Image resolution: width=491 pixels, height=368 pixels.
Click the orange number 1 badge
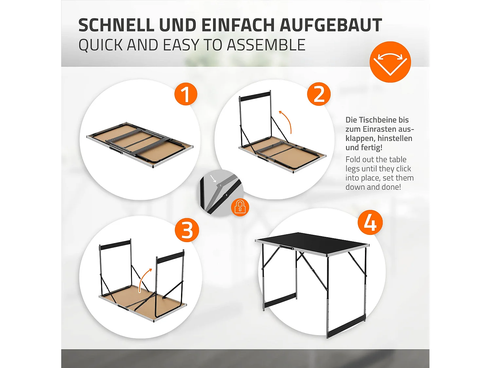[x=186, y=94]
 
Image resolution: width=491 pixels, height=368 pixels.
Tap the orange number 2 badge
[x=319, y=94]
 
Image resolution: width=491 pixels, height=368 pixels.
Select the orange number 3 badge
[x=187, y=230]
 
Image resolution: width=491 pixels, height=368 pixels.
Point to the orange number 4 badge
[x=370, y=222]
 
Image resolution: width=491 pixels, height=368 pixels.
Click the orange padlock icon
[x=240, y=207]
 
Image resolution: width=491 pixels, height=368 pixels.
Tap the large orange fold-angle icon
[x=390, y=62]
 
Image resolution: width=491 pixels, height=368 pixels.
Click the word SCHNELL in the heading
[x=116, y=25]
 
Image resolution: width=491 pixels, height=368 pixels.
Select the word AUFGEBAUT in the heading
[x=331, y=25]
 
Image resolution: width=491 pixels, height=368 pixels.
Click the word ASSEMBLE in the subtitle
[x=266, y=45]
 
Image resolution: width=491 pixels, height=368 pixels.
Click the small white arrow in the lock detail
[x=214, y=179]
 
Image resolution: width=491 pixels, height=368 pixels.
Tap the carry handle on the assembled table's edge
[x=286, y=247]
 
